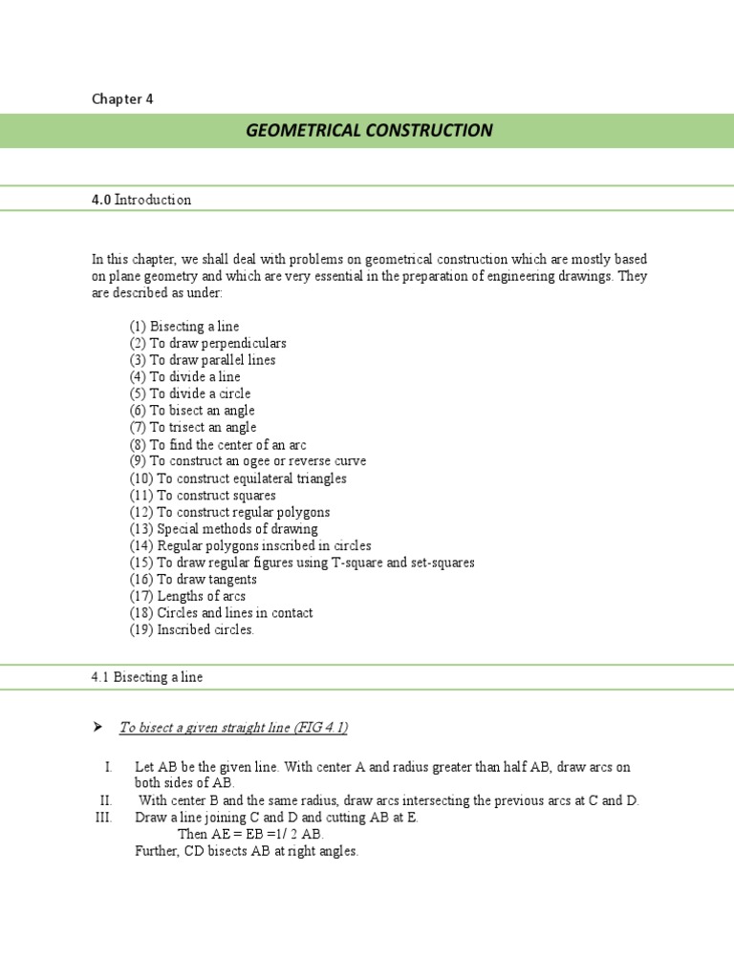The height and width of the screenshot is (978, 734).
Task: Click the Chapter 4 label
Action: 121,98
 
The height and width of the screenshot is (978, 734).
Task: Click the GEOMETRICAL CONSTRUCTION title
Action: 369,130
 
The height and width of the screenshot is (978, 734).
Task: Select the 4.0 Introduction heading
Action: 141,200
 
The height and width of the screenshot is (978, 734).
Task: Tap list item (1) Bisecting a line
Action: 184,327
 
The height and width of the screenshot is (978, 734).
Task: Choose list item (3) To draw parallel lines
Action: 203,360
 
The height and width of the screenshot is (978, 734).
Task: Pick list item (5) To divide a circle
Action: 190,393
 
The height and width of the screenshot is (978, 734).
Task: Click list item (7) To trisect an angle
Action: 193,427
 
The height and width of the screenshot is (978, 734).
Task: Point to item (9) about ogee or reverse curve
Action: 248,461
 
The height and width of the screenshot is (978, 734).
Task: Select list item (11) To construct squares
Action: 203,495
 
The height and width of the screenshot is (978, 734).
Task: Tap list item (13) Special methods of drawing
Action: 224,529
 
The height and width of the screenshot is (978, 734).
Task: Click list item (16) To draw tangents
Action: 193,579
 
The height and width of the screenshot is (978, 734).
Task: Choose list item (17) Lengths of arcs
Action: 187,596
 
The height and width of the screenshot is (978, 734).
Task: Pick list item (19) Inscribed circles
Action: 192,629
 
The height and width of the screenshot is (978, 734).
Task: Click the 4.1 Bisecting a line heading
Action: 147,677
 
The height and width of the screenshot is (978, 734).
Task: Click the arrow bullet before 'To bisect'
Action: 97,728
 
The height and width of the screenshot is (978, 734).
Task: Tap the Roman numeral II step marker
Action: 105,800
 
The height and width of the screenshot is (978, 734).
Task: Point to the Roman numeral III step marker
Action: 103,818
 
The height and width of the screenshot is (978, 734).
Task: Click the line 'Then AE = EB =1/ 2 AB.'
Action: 250,834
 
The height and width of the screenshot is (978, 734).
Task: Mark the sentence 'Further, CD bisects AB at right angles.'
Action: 247,851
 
